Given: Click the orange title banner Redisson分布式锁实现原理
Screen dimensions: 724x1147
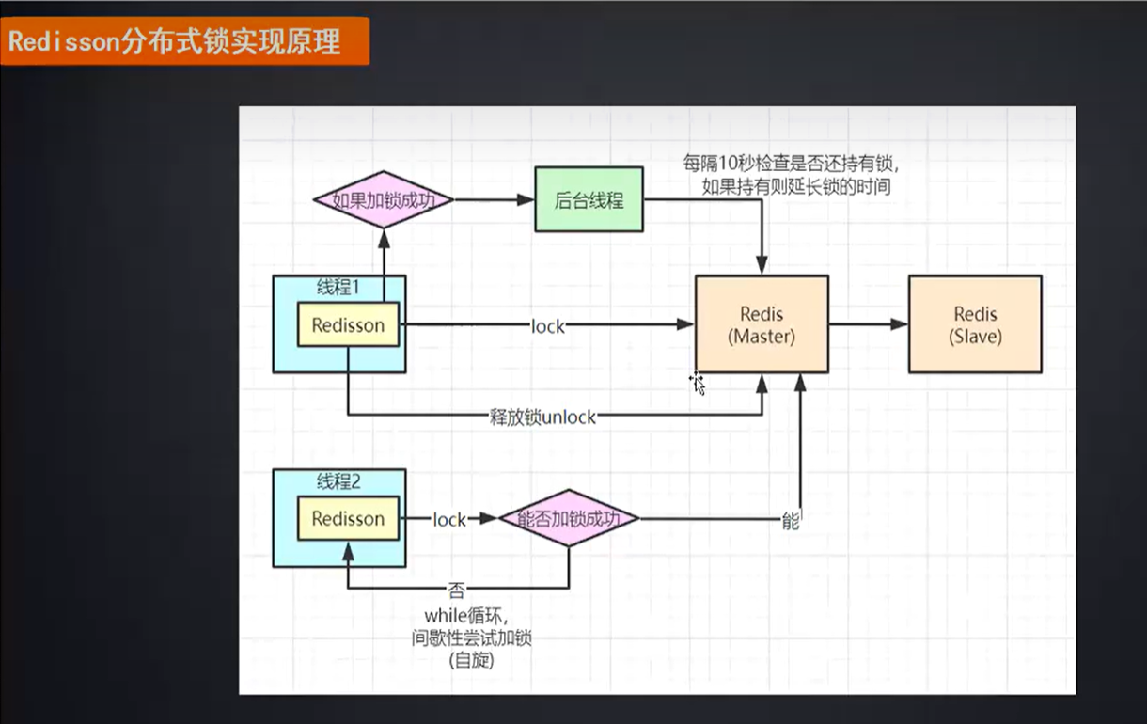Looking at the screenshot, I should pyautogui.click(x=184, y=41).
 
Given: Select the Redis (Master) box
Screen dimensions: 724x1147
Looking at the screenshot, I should pyautogui.click(x=762, y=324).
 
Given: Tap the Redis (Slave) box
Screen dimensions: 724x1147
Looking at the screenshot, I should pyautogui.click(x=975, y=324).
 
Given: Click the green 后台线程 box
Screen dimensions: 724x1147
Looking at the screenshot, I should pyautogui.click(x=589, y=199).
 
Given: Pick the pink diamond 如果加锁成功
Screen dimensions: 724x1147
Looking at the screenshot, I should pyautogui.click(x=383, y=199).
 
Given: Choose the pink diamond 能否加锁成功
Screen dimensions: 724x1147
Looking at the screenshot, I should pyautogui.click(x=568, y=518).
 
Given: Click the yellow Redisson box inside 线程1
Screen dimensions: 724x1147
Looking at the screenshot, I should pyautogui.click(x=348, y=325).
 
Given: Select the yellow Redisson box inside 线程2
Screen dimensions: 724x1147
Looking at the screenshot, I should pyautogui.click(x=348, y=518).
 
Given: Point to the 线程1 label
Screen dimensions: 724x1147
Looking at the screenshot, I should pyautogui.click(x=338, y=288).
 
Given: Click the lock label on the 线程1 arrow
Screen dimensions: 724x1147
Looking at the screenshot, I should pyautogui.click(x=547, y=326).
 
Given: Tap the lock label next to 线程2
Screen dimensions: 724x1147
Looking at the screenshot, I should pyautogui.click(x=449, y=519).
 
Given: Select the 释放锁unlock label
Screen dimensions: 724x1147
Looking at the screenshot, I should pyautogui.click(x=542, y=416).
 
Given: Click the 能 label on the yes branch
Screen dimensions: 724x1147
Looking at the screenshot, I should pyautogui.click(x=790, y=520).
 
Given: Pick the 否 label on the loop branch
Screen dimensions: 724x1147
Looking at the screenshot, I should pyautogui.click(x=456, y=590).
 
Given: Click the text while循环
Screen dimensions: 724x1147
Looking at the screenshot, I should pyautogui.click(x=465, y=616).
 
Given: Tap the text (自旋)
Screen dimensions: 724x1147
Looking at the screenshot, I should pyautogui.click(x=471, y=660).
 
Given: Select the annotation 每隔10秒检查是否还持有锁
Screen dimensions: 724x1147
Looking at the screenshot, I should pyautogui.click(x=797, y=163).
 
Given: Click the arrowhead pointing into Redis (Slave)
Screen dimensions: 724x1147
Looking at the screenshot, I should pyautogui.click(x=900, y=324).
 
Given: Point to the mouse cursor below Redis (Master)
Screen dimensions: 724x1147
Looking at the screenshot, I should pyautogui.click(x=697, y=382).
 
